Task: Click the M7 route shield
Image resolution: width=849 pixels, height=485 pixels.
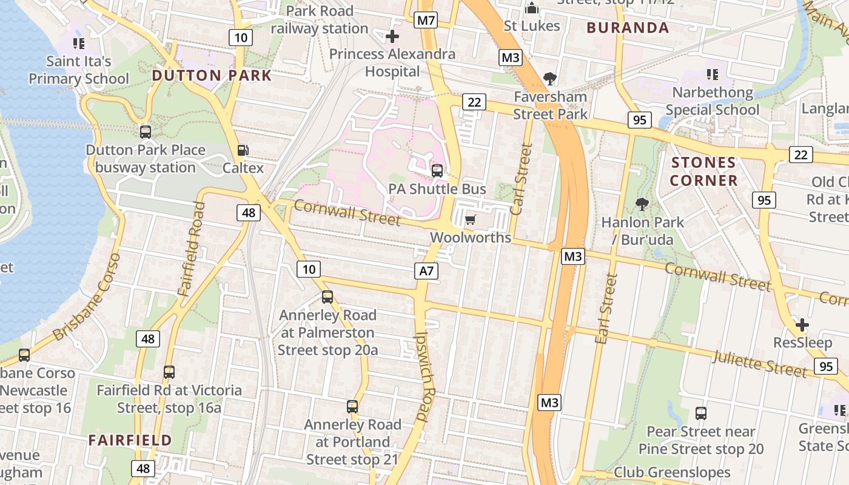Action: (426, 21)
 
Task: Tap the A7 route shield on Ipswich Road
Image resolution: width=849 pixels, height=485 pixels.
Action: (426, 270)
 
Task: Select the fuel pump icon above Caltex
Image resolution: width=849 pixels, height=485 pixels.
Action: (243, 150)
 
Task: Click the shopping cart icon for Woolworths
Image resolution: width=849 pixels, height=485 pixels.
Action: (471, 219)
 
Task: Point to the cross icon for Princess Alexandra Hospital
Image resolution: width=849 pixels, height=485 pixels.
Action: (392, 36)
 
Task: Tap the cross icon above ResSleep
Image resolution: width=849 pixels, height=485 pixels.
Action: (802, 325)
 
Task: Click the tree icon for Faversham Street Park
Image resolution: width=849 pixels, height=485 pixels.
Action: (550, 78)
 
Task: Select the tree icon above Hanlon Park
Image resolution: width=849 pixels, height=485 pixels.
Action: (642, 204)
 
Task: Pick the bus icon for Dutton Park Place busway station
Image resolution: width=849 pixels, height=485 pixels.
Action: (146, 132)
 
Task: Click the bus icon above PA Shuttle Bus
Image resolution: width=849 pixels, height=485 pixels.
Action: (437, 171)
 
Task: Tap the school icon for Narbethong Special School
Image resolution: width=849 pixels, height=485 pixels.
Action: (712, 75)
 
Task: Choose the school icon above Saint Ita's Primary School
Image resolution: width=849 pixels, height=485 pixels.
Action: (78, 43)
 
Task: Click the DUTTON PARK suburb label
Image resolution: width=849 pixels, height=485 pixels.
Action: (212, 76)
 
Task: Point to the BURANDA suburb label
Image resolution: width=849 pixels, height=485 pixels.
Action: (628, 28)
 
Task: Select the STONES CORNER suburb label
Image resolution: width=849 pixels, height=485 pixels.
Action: (703, 172)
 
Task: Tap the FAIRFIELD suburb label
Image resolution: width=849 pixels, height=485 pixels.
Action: (130, 440)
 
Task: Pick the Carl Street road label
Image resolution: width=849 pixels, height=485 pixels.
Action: (521, 179)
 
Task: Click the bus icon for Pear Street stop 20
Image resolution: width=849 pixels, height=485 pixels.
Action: (701, 413)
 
